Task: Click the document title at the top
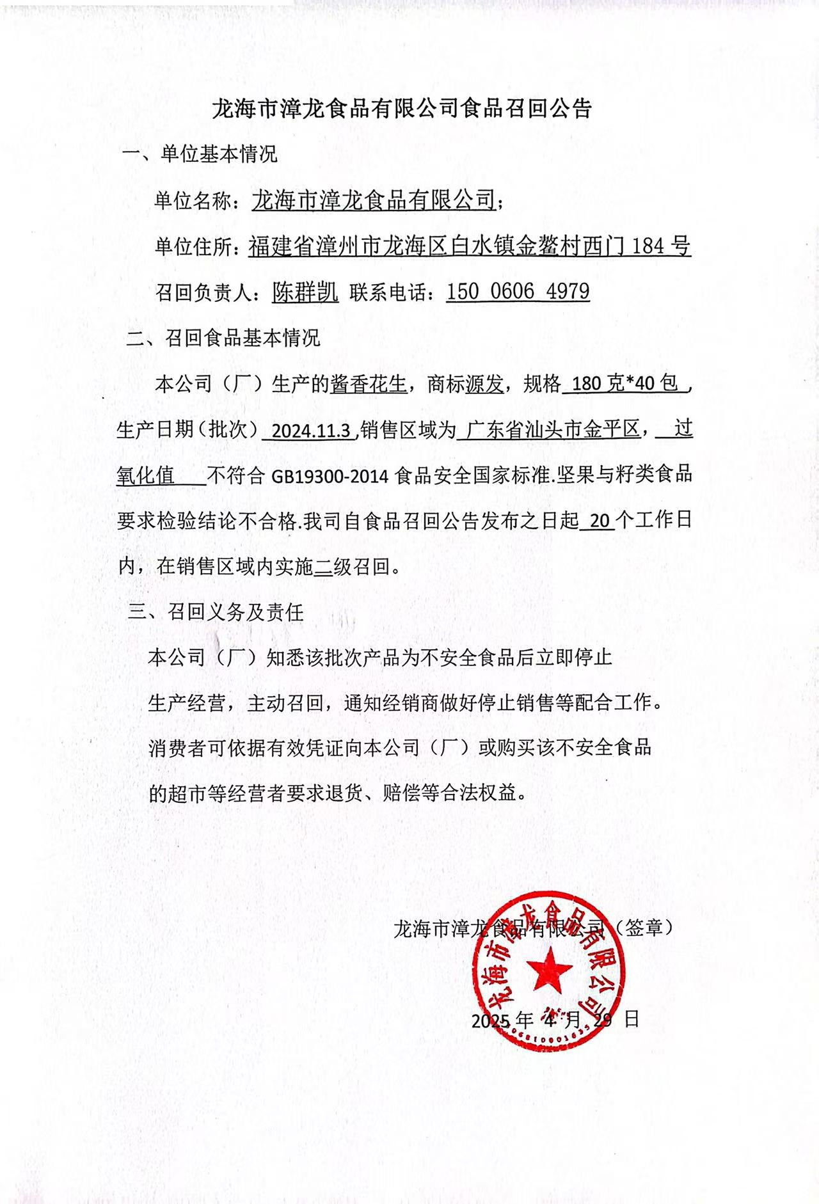point(402,109)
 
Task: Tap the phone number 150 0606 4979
point(518,292)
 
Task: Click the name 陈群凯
point(305,292)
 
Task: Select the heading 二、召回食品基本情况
point(223,338)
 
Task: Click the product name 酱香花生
point(369,384)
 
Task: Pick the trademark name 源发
point(484,384)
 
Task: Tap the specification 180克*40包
point(624,384)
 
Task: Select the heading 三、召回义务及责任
point(216,612)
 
